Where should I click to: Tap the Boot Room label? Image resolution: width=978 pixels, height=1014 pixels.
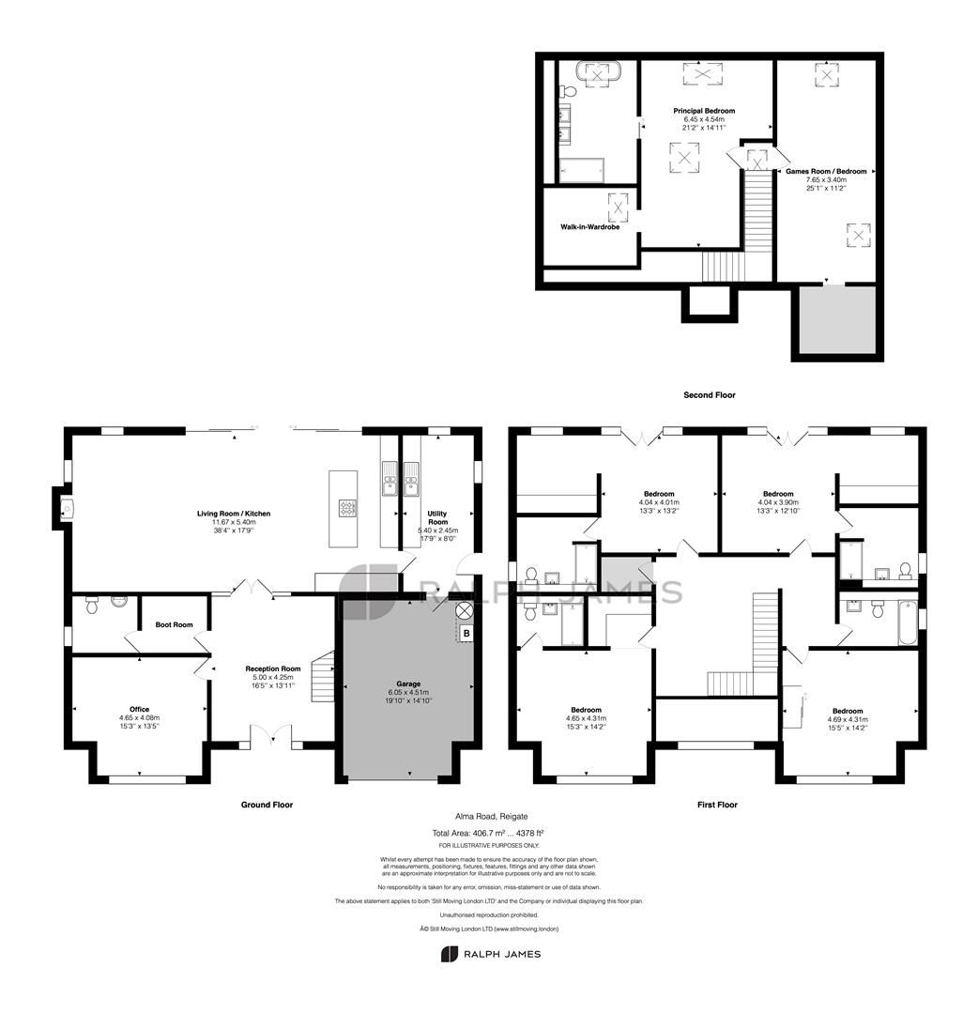click(174, 624)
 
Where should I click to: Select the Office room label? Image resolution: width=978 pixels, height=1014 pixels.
click(139, 709)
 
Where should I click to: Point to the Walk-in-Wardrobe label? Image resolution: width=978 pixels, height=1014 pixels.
click(588, 226)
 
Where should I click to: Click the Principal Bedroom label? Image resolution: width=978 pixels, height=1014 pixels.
click(704, 111)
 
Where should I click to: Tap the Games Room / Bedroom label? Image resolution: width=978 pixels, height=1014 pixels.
click(826, 172)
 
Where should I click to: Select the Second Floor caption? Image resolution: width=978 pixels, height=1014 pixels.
click(709, 395)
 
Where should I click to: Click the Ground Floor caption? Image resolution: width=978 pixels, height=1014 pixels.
click(267, 805)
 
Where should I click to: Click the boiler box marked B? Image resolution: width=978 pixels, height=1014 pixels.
click(464, 635)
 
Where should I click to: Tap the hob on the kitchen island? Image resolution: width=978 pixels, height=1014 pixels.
click(345, 508)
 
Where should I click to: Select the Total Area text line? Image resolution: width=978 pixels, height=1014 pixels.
click(488, 833)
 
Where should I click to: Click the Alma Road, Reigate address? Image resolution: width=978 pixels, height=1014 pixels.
click(488, 817)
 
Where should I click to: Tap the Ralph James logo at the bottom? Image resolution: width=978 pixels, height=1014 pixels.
click(490, 954)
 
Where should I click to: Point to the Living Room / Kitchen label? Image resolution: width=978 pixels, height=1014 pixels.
click(234, 514)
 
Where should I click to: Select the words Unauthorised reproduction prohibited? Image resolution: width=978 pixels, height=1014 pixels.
click(488, 914)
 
